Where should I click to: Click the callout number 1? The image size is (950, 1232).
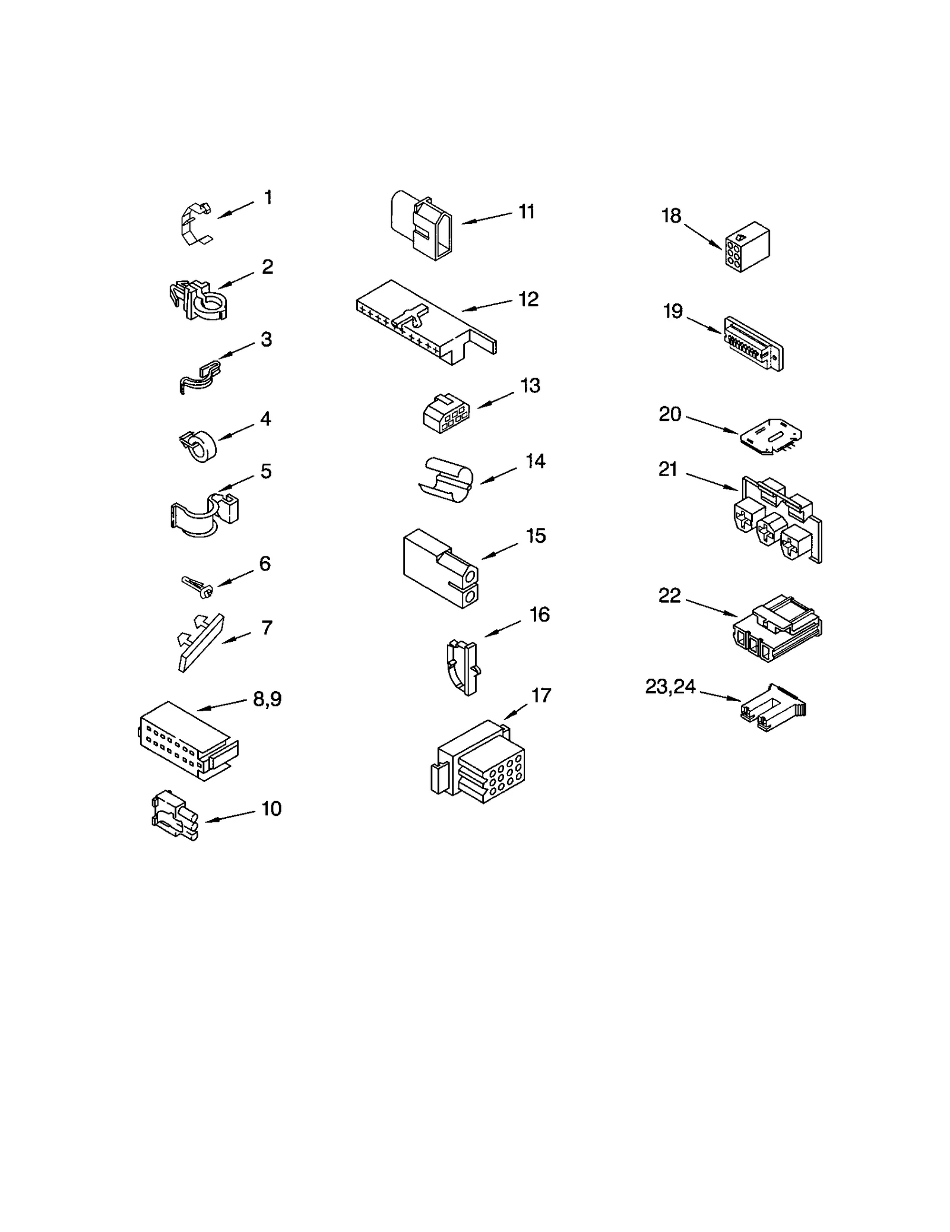[268, 197]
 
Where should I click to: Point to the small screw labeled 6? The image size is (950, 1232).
[197, 586]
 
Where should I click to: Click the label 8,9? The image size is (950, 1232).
[267, 699]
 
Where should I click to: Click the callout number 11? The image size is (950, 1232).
[526, 211]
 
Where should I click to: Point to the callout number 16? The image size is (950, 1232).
[539, 615]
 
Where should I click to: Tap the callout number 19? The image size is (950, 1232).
[673, 311]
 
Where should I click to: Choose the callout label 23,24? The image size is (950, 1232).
[670, 686]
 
